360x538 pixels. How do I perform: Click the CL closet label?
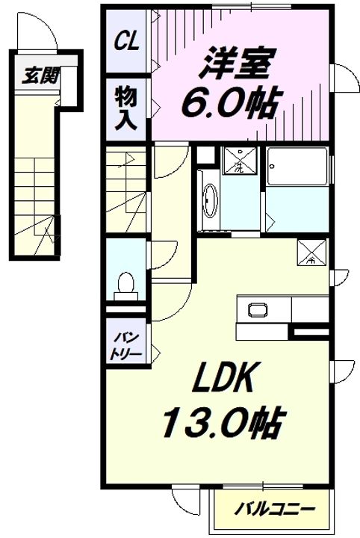coord(126,41)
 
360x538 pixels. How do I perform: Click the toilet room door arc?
coord(163,256)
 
